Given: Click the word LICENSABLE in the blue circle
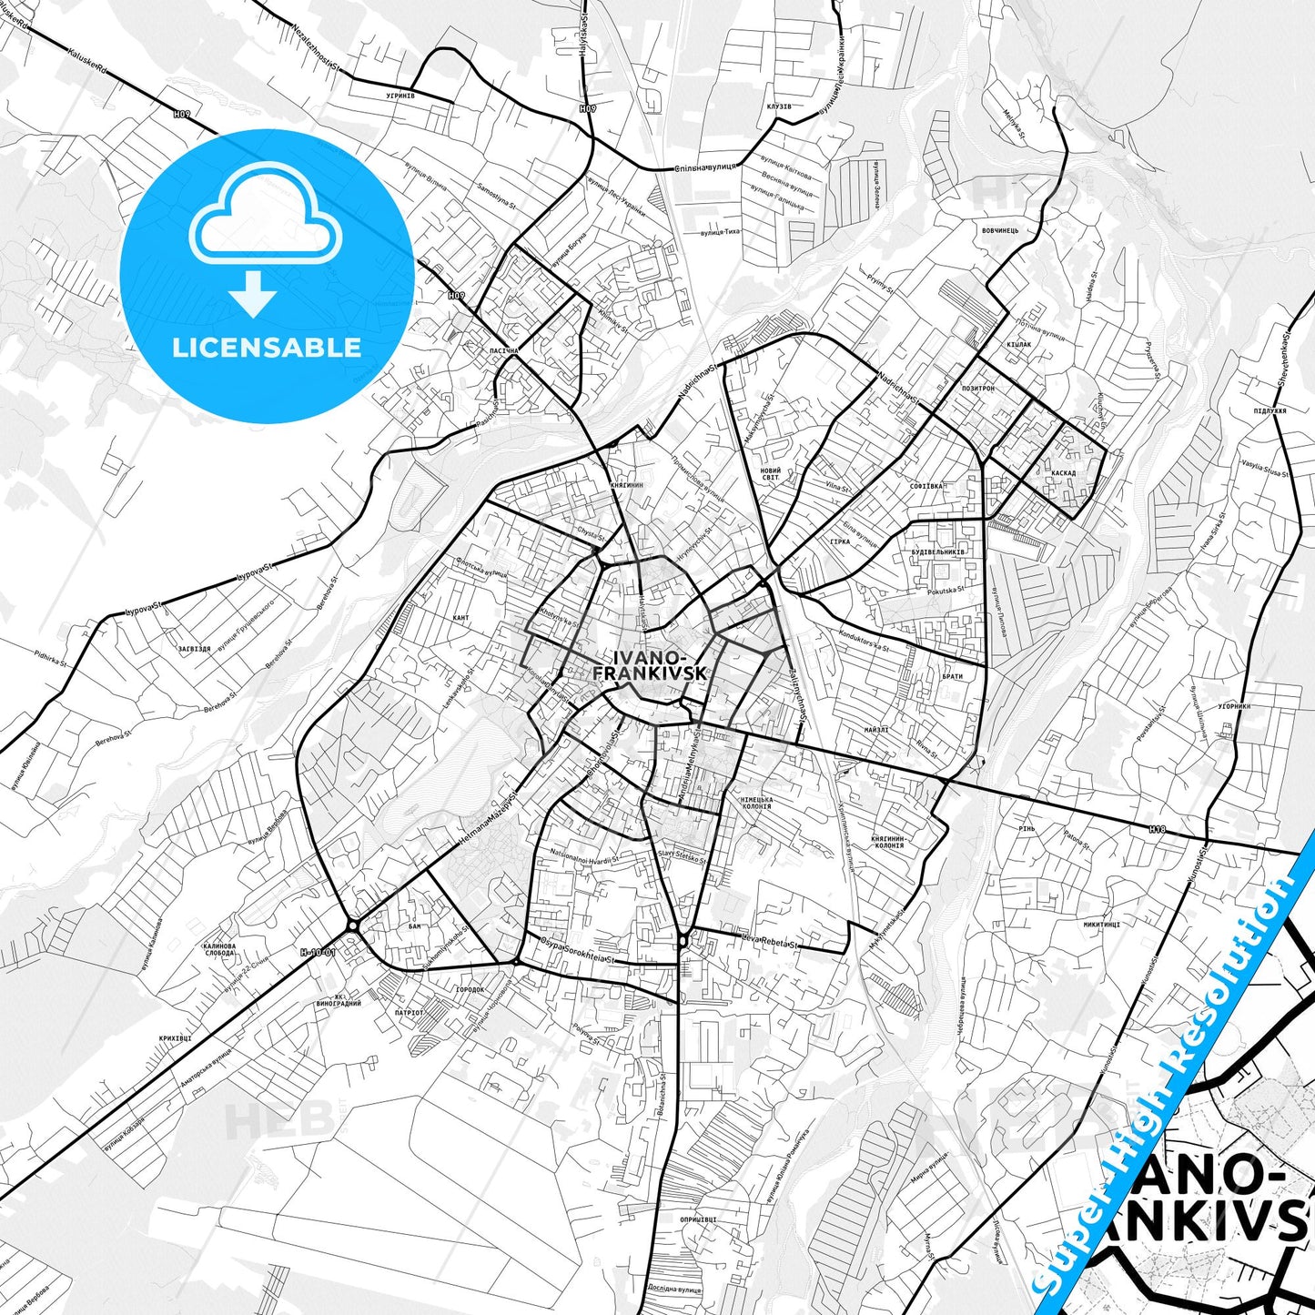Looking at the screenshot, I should (x=267, y=347).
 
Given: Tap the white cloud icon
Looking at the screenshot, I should (x=265, y=222).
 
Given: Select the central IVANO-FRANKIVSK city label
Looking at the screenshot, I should (x=650, y=665).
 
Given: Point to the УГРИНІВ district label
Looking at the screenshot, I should (x=400, y=95).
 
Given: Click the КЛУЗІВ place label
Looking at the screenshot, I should (x=779, y=106).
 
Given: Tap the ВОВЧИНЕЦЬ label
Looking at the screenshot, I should (x=1000, y=230).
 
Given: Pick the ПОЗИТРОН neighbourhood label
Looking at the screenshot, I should (x=978, y=388).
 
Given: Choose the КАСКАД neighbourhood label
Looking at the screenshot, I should (x=1062, y=473).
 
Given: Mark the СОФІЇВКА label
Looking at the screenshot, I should (x=926, y=487).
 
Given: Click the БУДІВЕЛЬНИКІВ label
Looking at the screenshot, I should (x=938, y=552).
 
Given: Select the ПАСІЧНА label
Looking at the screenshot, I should (x=503, y=349).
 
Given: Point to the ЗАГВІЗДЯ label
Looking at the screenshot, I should (x=195, y=649).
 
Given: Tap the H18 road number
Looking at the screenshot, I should (x=1157, y=829).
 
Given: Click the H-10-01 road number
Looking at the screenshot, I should (x=319, y=952).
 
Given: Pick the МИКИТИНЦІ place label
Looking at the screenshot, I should (x=1101, y=924).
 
